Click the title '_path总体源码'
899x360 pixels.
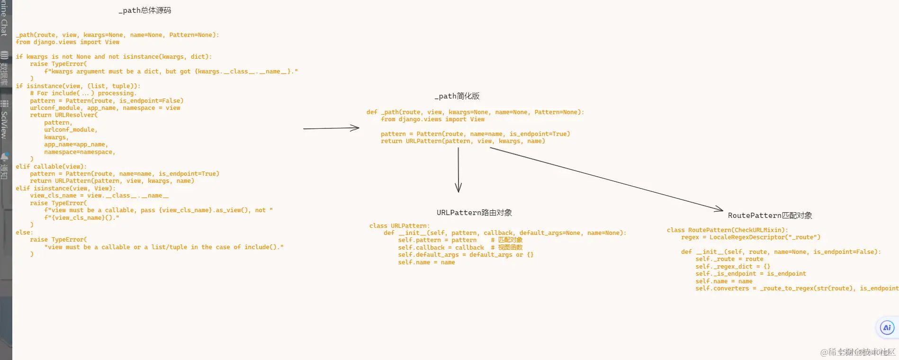145,10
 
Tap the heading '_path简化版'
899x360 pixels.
457,96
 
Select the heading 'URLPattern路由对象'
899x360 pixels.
474,213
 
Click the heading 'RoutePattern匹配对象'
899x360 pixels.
770,216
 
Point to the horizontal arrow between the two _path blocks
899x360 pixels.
331,128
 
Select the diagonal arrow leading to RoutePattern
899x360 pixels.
606,179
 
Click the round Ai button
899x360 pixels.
887,327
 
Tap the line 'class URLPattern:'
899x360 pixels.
399,226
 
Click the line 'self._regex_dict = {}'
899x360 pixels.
732,267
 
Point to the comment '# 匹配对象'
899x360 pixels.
507,240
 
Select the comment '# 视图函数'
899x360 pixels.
507,248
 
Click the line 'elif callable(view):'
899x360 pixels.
51,167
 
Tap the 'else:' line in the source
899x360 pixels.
24,233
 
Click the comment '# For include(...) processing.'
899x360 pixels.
83,93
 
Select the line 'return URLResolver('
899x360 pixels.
64,115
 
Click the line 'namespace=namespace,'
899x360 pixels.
80,152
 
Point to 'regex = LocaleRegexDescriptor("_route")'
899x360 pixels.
750,237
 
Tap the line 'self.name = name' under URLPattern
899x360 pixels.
426,262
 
